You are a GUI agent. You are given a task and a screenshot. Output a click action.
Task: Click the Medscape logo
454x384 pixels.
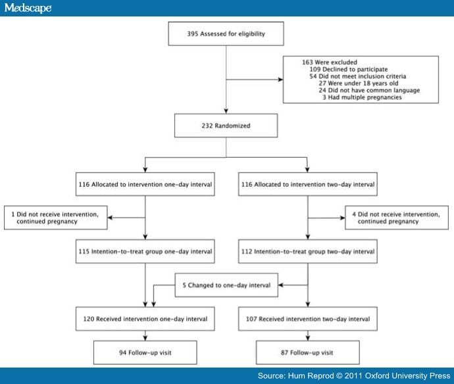(26, 7)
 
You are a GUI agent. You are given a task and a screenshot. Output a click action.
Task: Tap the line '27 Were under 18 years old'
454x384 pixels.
(356, 83)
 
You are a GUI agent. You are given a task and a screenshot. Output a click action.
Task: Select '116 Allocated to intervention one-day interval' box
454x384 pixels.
(145, 184)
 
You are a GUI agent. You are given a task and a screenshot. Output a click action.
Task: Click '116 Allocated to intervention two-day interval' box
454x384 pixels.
(306, 184)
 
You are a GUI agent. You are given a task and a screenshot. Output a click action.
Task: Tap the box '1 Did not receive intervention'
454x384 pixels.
(55, 218)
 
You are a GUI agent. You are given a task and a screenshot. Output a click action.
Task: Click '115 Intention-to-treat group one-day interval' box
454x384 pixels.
(145, 251)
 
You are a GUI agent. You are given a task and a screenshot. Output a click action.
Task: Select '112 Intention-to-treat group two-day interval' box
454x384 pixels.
(306, 251)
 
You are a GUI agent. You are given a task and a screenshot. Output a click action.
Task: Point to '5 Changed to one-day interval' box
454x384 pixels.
(226, 285)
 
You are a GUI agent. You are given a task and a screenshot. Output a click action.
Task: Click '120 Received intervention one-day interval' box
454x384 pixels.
(145, 319)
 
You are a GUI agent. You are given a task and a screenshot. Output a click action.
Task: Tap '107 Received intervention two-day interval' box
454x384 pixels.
(306, 319)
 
